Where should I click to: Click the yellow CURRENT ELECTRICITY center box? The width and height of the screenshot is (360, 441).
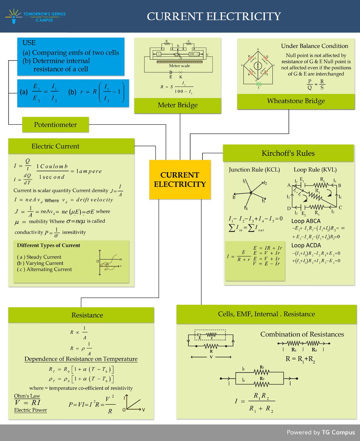click(x=180, y=179)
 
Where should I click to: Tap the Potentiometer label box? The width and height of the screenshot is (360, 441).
click(x=55, y=125)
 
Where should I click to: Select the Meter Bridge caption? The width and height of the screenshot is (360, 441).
click(x=178, y=105)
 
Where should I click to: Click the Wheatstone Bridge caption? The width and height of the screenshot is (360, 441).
click(x=296, y=101)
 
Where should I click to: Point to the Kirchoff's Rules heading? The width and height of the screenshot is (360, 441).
click(x=288, y=153)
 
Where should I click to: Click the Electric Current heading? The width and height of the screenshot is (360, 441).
click(x=55, y=146)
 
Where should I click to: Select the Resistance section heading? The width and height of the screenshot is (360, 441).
click(x=87, y=315)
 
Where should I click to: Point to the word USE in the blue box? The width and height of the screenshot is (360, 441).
click(x=29, y=43)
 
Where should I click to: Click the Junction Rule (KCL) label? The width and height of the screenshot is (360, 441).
click(x=254, y=170)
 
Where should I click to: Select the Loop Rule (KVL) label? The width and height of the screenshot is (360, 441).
click(x=315, y=170)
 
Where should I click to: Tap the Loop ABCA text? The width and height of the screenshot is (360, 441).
click(x=306, y=221)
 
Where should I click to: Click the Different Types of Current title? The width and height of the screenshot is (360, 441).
click(x=49, y=245)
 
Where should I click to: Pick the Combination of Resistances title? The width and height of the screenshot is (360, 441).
click(x=302, y=334)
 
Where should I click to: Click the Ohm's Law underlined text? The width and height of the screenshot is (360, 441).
click(x=27, y=396)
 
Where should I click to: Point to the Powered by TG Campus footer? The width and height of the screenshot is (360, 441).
click(x=321, y=432)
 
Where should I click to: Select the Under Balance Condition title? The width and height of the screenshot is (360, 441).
click(x=314, y=46)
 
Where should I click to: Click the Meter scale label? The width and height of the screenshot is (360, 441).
click(x=179, y=66)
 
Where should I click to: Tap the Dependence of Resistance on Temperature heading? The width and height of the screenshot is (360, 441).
click(x=81, y=359)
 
